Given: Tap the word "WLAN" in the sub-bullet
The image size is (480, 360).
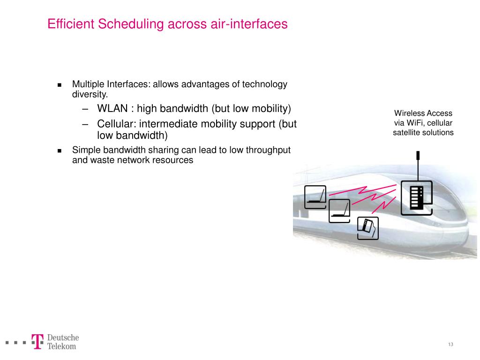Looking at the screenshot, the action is click(x=112, y=109).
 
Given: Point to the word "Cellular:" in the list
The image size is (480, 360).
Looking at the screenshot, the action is click(x=117, y=124).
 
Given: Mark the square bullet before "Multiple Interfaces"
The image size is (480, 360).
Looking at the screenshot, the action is click(x=60, y=85).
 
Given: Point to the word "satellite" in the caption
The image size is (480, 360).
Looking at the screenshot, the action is click(x=408, y=132).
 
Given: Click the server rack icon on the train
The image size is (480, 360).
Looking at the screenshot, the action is click(x=416, y=197).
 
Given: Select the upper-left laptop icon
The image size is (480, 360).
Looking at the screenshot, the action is click(x=315, y=197).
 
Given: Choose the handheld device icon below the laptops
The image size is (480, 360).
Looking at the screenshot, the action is click(x=367, y=228).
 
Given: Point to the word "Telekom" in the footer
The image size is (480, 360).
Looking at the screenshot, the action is click(x=61, y=346).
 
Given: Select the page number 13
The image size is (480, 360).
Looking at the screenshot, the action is click(x=450, y=345).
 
